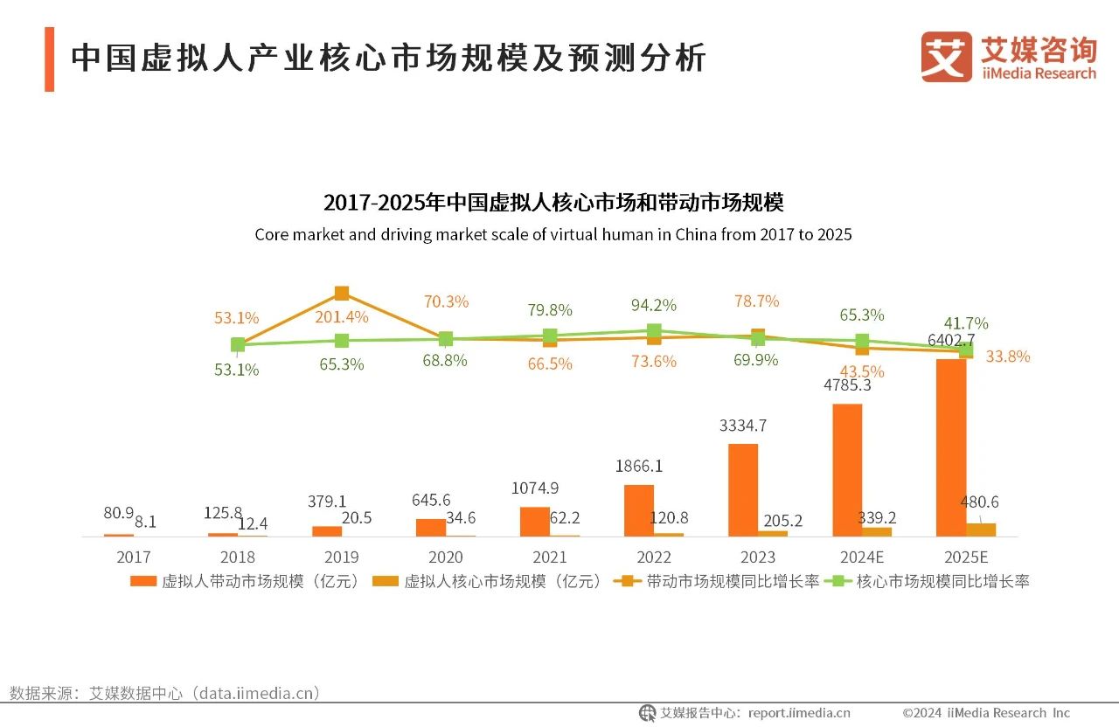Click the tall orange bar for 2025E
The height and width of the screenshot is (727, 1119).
pos(951,447)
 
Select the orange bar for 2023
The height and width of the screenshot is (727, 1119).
pos(743,489)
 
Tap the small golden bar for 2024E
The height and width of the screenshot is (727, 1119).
pos(877,531)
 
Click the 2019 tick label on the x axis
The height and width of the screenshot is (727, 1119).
pos(341,557)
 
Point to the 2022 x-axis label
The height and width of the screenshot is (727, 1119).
pos(653,557)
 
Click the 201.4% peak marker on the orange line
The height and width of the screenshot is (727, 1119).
pos(342,293)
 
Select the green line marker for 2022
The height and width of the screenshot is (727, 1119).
pos(653,331)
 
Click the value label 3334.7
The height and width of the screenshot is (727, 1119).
pos(743,426)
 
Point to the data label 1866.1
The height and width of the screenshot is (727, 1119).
pos(638,466)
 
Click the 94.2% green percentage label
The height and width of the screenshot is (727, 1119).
pos(653,305)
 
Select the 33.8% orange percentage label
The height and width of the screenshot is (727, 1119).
pos(1007,357)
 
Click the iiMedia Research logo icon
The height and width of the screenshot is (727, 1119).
pos(946,58)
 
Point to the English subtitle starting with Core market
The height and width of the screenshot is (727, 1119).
pos(553,234)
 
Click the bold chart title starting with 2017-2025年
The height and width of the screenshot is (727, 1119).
pos(553,203)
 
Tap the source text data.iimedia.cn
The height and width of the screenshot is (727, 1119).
pos(254,693)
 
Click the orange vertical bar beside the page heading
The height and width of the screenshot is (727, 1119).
pos(49,59)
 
